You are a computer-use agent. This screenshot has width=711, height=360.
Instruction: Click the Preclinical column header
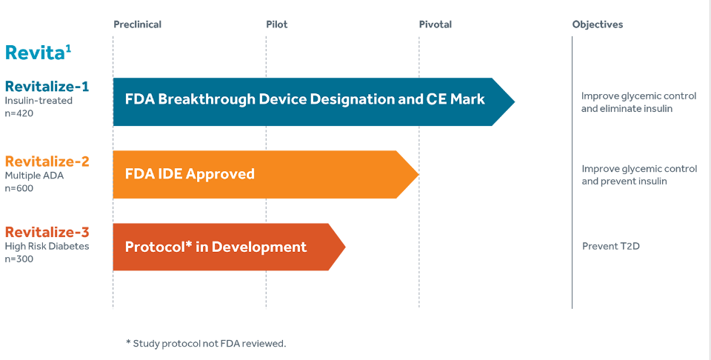click(138, 24)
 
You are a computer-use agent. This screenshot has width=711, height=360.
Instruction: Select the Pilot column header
click(276, 24)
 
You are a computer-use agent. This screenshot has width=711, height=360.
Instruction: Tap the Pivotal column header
click(435, 24)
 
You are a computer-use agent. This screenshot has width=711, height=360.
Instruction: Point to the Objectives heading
click(598, 24)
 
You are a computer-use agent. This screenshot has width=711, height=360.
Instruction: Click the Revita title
click(38, 53)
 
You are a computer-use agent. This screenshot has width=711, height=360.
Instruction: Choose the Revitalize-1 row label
click(47, 86)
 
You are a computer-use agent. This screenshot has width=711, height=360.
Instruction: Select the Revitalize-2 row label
click(47, 161)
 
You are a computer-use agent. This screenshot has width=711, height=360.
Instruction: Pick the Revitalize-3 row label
click(47, 232)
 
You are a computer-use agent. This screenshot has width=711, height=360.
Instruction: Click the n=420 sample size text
click(19, 113)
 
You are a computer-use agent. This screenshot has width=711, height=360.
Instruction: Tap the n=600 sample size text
click(19, 187)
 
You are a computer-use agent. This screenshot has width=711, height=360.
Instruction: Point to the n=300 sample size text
click(19, 259)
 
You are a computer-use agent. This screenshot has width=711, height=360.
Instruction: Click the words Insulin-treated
click(39, 101)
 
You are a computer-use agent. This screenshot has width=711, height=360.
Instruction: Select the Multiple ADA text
click(35, 176)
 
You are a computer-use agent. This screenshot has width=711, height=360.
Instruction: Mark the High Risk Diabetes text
click(47, 247)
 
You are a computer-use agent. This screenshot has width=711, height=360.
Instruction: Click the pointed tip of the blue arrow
click(515, 101)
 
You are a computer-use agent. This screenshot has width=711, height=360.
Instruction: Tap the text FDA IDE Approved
click(190, 174)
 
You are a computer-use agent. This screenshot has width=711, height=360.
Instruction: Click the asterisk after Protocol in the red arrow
click(188, 244)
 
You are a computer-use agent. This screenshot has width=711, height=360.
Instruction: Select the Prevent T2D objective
click(611, 247)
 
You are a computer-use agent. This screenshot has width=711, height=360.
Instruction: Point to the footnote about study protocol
click(207, 343)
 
